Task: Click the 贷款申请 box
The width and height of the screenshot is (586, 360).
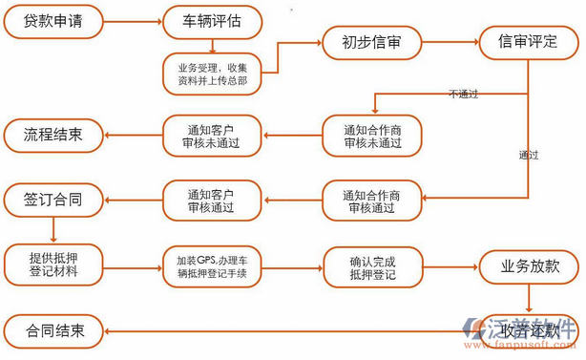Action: (53, 21)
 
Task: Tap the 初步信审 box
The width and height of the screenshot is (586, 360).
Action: (371, 42)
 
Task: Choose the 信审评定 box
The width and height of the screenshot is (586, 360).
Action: (529, 42)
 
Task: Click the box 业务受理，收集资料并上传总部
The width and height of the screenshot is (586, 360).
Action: (213, 74)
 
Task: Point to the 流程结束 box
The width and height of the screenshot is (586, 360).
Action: (53, 135)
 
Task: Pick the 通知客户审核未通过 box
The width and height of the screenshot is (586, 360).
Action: (212, 136)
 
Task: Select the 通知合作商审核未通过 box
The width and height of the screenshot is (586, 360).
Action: (371, 136)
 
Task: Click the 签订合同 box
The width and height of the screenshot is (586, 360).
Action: (53, 200)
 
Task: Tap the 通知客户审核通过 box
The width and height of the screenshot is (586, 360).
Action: (212, 201)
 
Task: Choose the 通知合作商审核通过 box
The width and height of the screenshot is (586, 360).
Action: (371, 201)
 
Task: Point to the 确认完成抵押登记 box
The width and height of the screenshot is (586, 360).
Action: (372, 266)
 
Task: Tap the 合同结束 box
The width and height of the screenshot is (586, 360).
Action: (53, 331)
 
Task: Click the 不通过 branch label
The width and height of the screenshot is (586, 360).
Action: (463, 93)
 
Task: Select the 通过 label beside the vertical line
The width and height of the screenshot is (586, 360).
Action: (528, 155)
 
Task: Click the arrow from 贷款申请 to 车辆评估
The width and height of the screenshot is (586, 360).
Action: (132, 21)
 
